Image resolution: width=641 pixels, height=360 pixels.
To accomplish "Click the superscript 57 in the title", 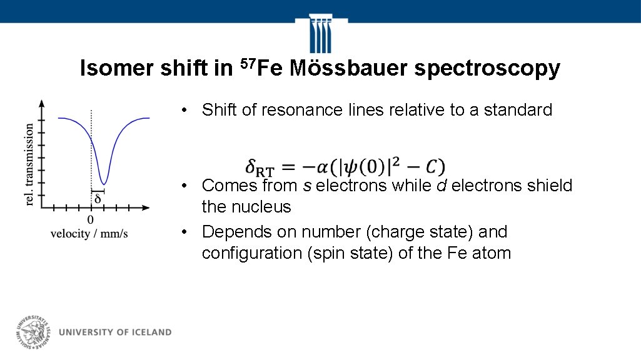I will [x=248, y=63].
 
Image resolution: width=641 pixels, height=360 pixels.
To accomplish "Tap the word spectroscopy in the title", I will [x=487, y=69].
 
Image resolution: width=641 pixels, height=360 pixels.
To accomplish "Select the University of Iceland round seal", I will [x=33, y=331].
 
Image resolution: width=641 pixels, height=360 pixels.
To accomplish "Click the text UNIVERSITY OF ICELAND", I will [x=115, y=332].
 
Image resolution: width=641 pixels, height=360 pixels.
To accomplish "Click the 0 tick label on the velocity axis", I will [x=91, y=219].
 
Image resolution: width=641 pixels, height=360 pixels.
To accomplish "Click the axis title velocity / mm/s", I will [x=89, y=233].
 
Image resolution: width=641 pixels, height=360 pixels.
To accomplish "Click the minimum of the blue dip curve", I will [x=104, y=182].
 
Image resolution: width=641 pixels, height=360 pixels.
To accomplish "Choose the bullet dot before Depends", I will [x=184, y=232].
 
